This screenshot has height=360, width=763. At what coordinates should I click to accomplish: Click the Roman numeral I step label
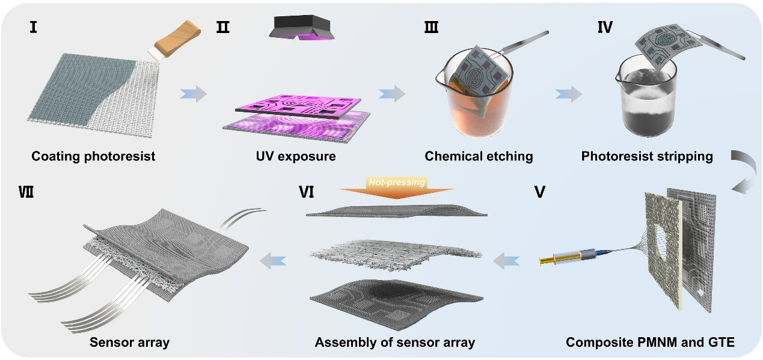click(34, 28)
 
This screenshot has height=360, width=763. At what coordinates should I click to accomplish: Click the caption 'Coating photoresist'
click(93, 157)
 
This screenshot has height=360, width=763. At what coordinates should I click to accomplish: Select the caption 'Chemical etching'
click(479, 157)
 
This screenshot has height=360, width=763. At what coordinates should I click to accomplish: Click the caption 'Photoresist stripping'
click(647, 157)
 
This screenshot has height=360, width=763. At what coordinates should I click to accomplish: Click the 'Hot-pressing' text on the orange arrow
click(397, 182)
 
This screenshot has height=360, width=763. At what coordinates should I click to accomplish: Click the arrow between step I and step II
click(193, 94)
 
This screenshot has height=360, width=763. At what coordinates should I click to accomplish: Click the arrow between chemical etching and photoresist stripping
click(568, 94)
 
